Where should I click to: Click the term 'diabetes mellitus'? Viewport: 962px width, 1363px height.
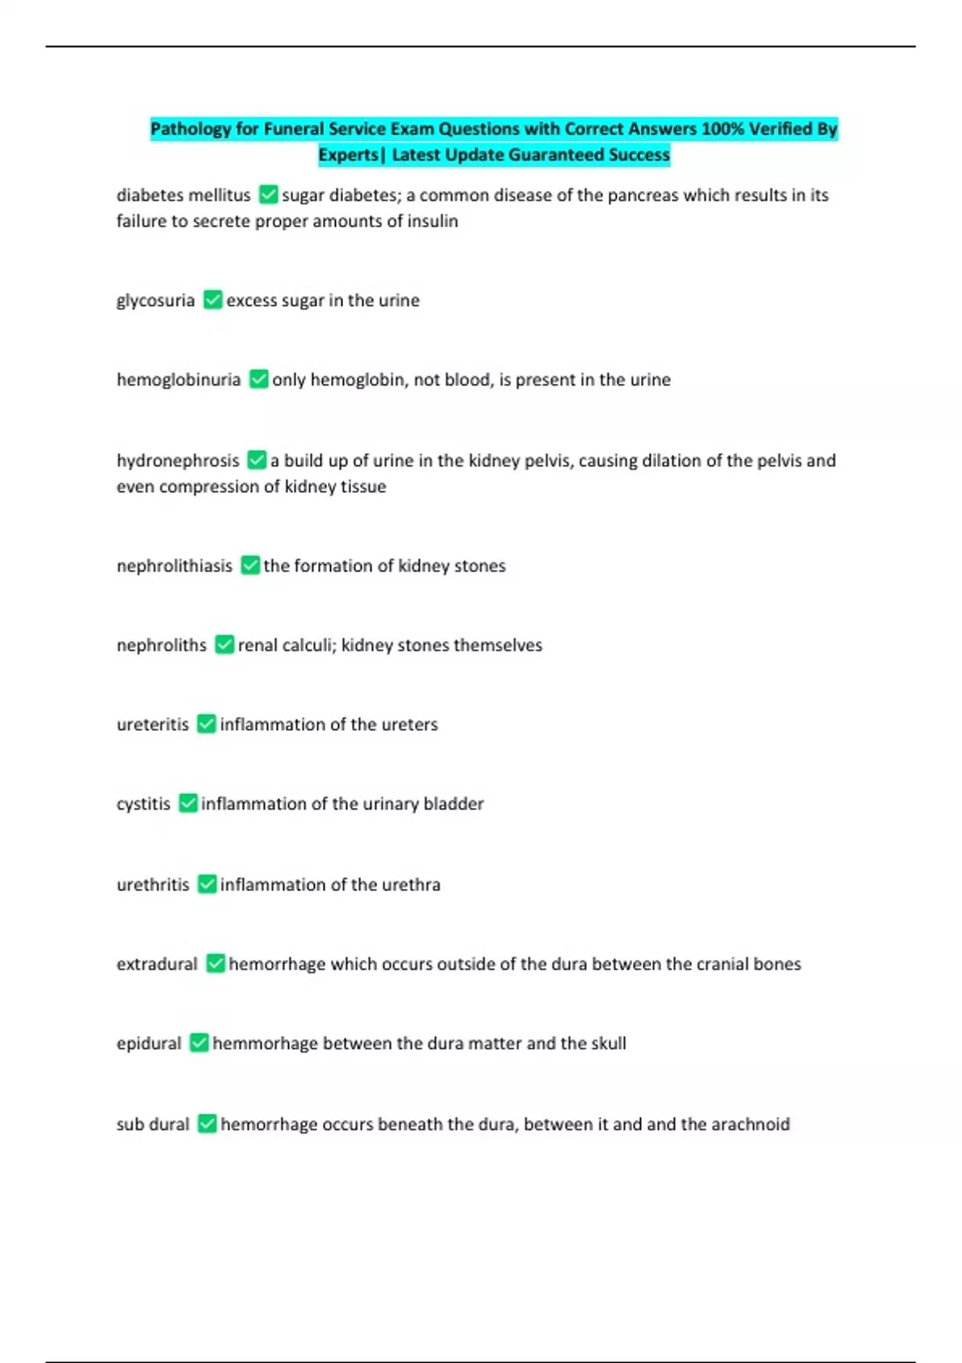(183, 195)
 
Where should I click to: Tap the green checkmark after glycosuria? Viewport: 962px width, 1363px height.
(212, 300)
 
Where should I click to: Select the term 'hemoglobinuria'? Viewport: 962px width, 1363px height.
(178, 379)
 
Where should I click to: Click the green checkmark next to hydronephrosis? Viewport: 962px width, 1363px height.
(257, 460)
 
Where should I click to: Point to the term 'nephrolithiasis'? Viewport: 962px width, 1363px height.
(174, 565)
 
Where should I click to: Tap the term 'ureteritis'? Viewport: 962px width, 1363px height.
(152, 724)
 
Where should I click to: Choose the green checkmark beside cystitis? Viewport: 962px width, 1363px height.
(188, 803)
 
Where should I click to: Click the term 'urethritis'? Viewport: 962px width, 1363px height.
(152, 884)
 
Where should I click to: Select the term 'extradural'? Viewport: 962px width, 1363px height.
(156, 964)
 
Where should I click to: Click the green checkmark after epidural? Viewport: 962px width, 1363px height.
(199, 1043)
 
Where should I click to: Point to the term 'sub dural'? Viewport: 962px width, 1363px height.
(152, 1124)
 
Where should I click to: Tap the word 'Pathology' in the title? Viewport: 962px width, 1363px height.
(191, 129)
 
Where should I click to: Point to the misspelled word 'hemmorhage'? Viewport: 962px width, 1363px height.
(265, 1043)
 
